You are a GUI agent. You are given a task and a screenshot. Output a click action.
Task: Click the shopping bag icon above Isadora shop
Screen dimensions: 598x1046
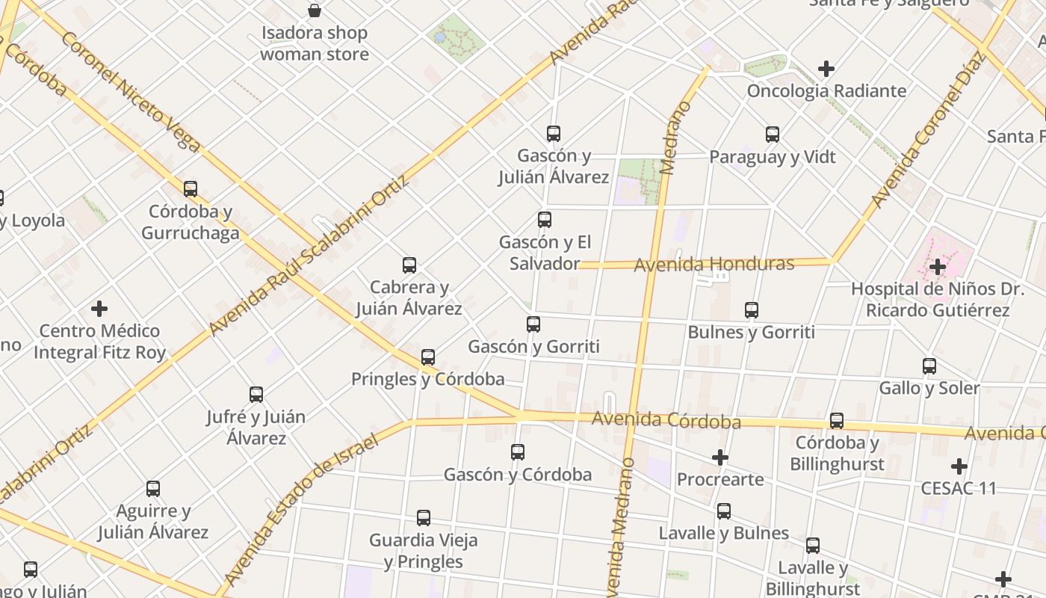315,10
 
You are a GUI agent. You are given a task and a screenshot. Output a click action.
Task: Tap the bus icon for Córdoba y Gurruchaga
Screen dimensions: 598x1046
191,188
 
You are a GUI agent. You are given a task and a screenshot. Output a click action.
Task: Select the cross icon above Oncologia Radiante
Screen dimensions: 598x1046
826,69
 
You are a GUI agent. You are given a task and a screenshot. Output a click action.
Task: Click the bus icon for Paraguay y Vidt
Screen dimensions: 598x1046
773,135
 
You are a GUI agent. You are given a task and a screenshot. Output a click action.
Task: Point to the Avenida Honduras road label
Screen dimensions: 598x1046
714,264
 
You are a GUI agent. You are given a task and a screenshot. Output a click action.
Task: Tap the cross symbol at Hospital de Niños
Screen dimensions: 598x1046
938,266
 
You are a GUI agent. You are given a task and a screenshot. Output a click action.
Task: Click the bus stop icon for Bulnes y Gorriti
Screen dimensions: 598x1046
752,309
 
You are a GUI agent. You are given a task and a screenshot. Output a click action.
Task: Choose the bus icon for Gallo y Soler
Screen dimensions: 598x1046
929,366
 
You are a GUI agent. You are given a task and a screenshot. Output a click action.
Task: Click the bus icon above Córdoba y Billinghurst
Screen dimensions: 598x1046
837,421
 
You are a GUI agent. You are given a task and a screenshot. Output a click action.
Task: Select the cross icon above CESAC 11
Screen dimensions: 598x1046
959,466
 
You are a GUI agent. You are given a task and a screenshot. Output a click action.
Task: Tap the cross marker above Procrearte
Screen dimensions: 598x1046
720,457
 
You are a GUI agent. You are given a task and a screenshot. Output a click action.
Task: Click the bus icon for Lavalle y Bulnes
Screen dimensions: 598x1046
724,511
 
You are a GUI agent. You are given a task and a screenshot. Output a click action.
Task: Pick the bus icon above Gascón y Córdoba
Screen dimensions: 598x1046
518,452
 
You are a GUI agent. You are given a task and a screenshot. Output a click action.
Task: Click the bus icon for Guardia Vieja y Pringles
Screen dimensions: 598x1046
424,518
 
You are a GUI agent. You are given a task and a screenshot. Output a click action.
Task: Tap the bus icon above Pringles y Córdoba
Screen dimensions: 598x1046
428,357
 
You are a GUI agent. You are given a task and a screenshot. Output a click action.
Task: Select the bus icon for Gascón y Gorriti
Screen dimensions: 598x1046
533,324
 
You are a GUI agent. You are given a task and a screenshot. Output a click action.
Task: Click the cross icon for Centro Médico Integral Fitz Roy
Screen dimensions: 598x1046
99,309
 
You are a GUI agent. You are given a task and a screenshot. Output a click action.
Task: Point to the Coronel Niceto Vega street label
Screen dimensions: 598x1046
131,91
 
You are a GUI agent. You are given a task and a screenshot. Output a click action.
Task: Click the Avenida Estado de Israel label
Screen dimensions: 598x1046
303,508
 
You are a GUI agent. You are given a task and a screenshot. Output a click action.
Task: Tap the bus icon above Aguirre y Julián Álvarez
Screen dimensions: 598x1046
153,489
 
